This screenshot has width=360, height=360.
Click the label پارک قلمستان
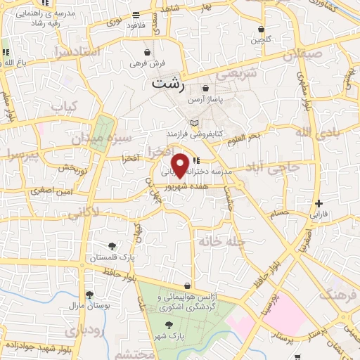coord(108,257)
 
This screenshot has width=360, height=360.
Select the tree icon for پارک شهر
coord(168,325)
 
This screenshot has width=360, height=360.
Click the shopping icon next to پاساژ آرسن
coord(205,89)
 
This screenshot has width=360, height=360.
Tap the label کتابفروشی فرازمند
coord(195,133)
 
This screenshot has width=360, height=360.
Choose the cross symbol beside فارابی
coord(319,203)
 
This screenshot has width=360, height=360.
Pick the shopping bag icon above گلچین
coord(262,30)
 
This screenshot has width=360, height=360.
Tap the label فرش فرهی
coord(147,63)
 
